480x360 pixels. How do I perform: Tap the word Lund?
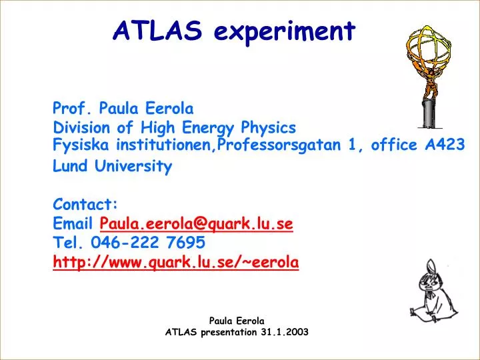click(x=70, y=166)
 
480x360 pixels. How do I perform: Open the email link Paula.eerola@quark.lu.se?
click(x=196, y=223)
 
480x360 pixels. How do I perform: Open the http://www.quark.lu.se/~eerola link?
click(x=176, y=262)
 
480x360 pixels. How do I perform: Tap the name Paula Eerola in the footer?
click(x=237, y=320)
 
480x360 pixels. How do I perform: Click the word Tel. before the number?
click(x=68, y=242)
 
